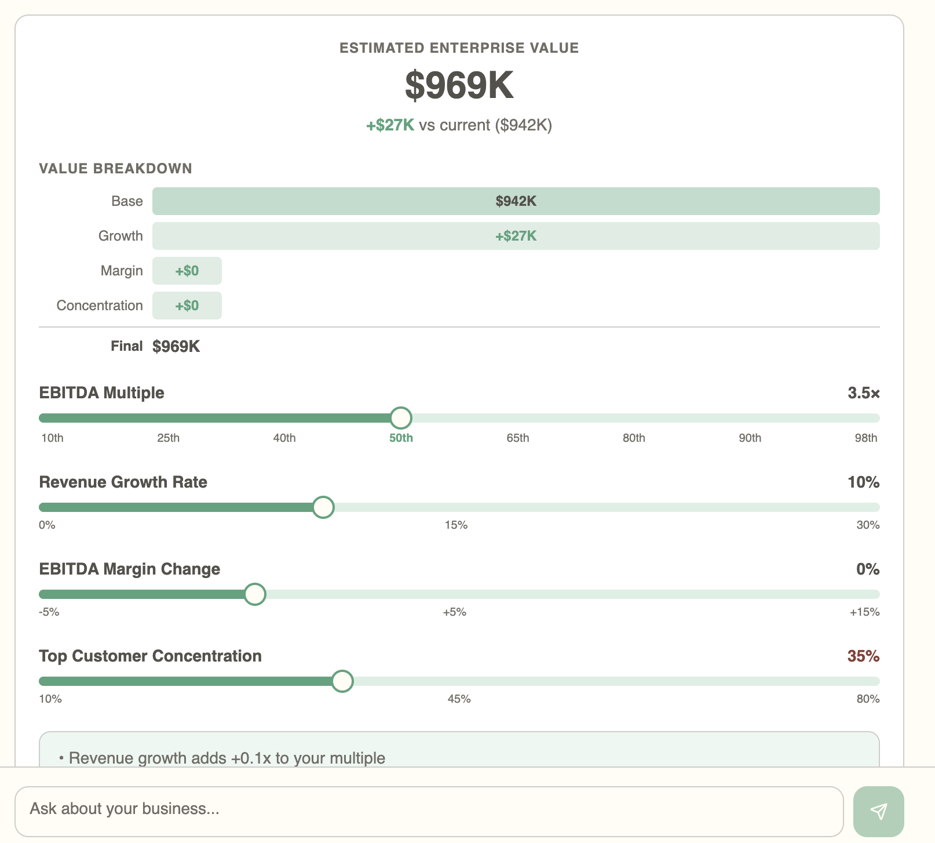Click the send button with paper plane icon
tap(878, 811)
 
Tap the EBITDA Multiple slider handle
tap(401, 418)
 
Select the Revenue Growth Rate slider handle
tap(323, 507)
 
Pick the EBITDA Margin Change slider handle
tap(255, 594)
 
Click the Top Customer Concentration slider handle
tap(342, 681)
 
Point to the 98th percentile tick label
tap(865, 438)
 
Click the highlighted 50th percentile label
tap(401, 438)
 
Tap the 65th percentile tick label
tap(517, 438)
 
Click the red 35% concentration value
tap(863, 656)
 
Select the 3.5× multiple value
tap(863, 393)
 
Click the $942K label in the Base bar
tap(516, 201)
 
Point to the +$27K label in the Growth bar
tap(516, 236)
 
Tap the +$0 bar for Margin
tap(187, 271)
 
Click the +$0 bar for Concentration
tap(187, 306)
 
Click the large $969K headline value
tap(459, 85)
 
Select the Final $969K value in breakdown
tap(176, 347)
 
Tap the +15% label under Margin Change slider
tap(864, 612)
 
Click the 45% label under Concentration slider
tap(459, 699)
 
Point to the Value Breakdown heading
tap(115, 169)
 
